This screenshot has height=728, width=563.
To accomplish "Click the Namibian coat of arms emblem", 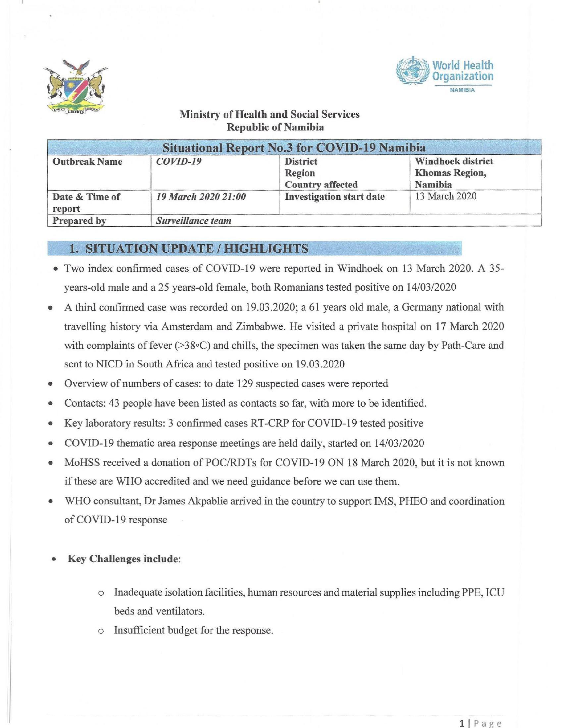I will [x=75, y=87].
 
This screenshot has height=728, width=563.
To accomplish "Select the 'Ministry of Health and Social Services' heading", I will [x=269, y=115].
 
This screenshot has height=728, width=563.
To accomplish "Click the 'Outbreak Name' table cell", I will [x=88, y=162].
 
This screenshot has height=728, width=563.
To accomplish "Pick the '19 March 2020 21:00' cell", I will [x=201, y=197].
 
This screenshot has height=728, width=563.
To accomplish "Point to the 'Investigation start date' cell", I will [x=335, y=197].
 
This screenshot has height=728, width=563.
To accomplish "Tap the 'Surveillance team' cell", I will [x=194, y=221].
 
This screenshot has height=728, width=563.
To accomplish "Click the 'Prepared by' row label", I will [x=79, y=221].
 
